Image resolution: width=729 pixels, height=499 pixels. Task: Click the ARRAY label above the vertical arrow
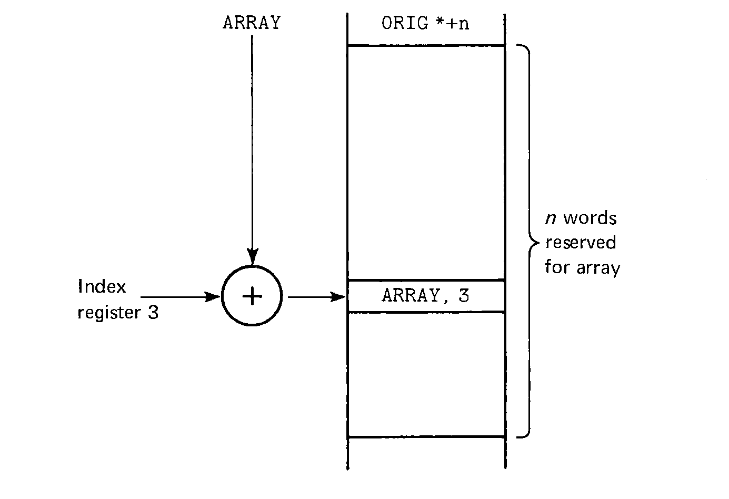252,23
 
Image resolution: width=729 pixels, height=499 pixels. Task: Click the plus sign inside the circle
252,297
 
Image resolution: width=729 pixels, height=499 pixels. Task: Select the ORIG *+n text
425,24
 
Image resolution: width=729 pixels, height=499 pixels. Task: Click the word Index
102,287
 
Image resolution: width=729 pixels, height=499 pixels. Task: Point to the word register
109,313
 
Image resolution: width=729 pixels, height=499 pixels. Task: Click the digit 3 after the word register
153,313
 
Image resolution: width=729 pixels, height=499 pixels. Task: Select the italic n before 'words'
551,218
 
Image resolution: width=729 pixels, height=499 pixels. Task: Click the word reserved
581,243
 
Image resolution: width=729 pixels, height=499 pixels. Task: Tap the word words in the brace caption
589,218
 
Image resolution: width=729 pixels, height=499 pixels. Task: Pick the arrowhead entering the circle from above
252,258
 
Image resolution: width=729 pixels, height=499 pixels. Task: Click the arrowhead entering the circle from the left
213,297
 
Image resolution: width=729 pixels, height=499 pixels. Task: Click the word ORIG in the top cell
405,24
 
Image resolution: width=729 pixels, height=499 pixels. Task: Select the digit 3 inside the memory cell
463,296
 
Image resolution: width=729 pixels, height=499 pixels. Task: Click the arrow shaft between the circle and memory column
311,297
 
